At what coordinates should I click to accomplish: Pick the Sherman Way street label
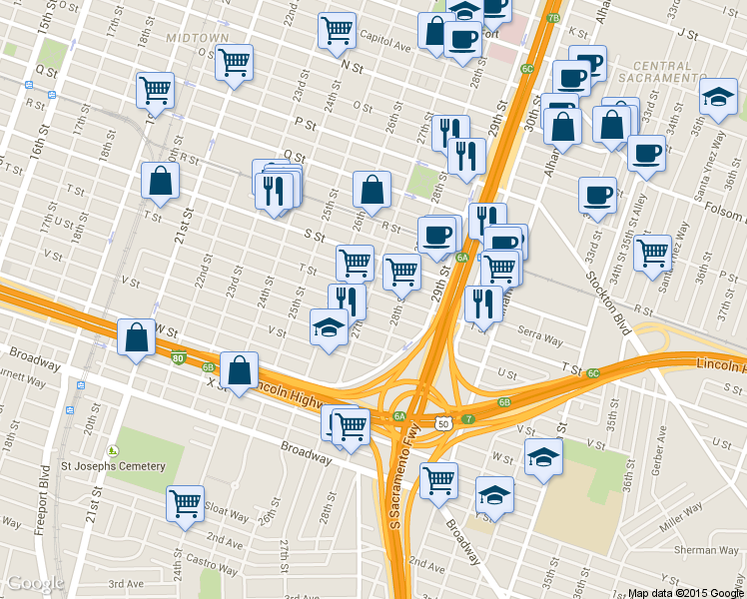click(707, 550)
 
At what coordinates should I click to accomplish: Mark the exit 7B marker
click(553, 17)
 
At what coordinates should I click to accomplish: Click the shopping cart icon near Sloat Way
click(185, 502)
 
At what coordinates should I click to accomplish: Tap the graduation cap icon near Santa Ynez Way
click(717, 96)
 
